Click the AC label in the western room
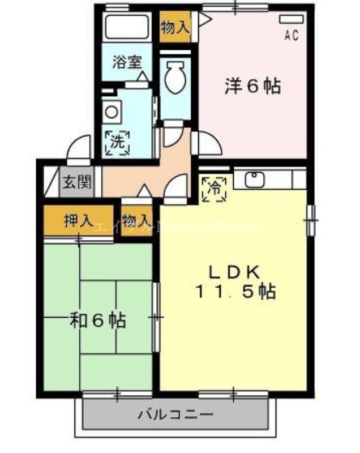pos(291,36)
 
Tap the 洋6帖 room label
pos(252,86)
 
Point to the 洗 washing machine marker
pos(117,142)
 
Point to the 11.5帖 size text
pos(235,292)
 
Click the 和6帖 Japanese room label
pos(98,321)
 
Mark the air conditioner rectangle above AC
pos(290,19)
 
